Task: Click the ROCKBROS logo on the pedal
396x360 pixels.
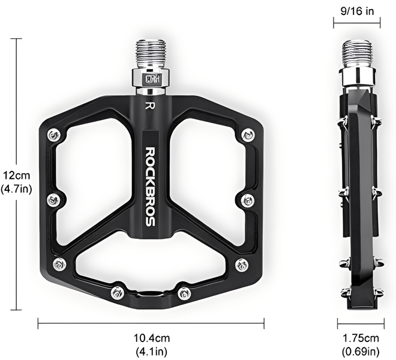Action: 151,187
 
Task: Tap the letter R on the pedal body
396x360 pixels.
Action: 150,106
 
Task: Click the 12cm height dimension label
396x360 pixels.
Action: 16,175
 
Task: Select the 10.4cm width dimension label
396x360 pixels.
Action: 152,338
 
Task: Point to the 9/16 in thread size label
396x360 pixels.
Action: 357,11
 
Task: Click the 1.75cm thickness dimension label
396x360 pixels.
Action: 361,338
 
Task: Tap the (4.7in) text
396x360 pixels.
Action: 16,189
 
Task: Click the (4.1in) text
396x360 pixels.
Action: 152,351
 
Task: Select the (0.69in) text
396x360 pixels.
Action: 361,351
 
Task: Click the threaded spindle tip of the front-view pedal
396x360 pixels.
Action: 151,53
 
